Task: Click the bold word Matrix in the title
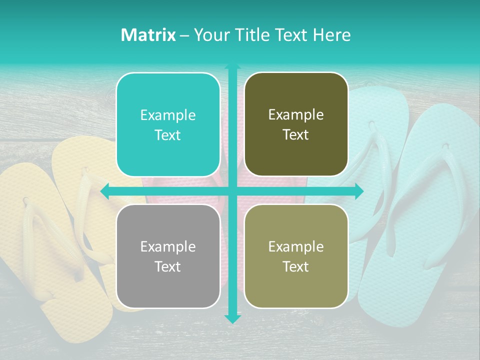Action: pyautogui.click(x=148, y=35)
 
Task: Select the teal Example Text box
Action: pyautogui.click(x=168, y=124)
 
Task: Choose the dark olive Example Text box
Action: pyautogui.click(x=296, y=124)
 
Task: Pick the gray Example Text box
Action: pyautogui.click(x=168, y=256)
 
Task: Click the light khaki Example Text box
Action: pyautogui.click(x=296, y=256)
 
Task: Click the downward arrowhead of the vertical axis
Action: pyautogui.click(x=232, y=318)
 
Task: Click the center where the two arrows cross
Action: pyautogui.click(x=232, y=191)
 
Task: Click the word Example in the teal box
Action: pyautogui.click(x=168, y=115)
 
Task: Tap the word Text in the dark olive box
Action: pyautogui.click(x=296, y=135)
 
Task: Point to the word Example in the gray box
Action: pyautogui.click(x=168, y=246)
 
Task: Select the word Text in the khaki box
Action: pyautogui.click(x=296, y=266)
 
